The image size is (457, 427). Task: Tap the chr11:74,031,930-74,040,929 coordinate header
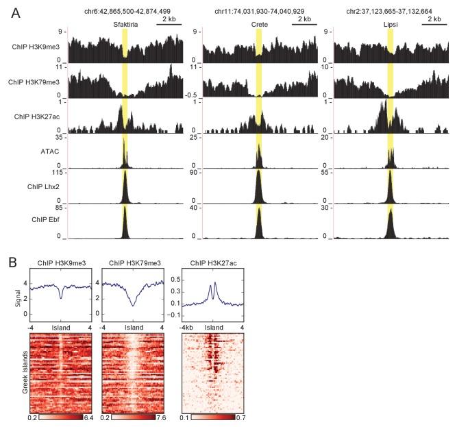point(258,11)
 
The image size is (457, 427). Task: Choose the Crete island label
point(258,23)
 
